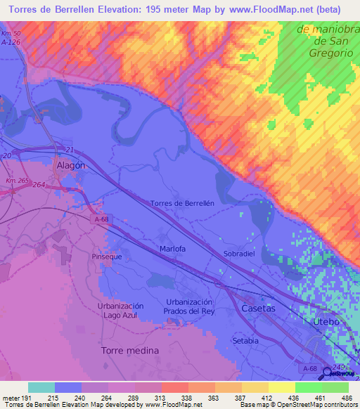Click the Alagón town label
tap(70, 165)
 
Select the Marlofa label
tap(172, 248)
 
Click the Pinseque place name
tap(108, 257)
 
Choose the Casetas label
tap(258, 309)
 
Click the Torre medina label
tap(129, 350)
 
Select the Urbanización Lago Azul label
tap(120, 311)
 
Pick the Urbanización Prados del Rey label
tap(188, 306)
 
